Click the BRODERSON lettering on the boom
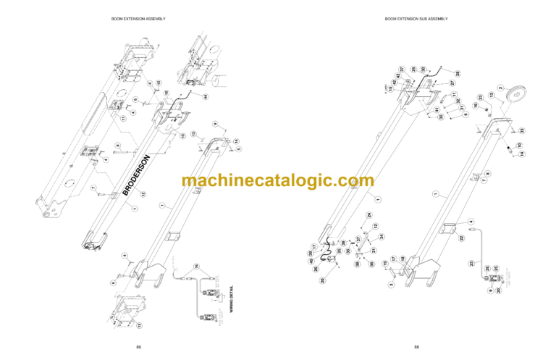[x=135, y=175]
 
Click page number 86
[x=138, y=348]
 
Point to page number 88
[x=416, y=348]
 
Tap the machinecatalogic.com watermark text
[x=278, y=181]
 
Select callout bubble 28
[x=458, y=73]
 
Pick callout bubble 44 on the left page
[x=205, y=96]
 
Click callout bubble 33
[x=522, y=130]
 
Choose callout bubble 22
[x=460, y=238]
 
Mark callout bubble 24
[x=368, y=215]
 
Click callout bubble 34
[x=382, y=237]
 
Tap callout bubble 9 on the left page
[x=214, y=125]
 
